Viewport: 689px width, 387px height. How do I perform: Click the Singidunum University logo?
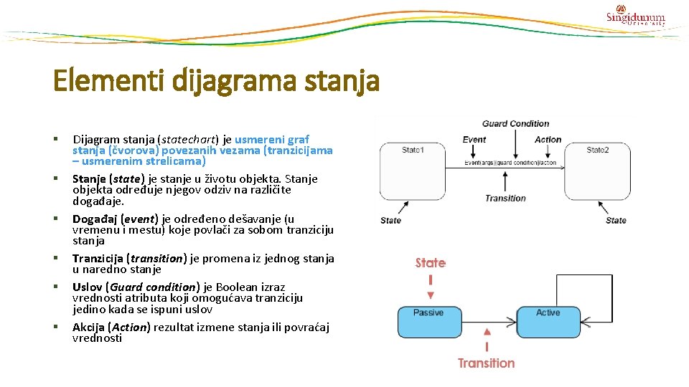635,16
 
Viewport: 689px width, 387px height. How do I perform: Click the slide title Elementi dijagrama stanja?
216,80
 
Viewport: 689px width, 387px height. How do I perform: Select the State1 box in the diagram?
412,171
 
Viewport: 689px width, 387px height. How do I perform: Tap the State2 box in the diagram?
597,171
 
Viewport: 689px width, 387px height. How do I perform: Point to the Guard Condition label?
515,123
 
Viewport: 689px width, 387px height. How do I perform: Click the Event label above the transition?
474,140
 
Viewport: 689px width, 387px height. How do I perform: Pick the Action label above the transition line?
548,140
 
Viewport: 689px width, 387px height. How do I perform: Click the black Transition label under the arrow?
505,198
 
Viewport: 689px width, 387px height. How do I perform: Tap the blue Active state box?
548,322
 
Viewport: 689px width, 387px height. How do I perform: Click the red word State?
431,263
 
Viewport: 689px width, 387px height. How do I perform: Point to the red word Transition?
487,363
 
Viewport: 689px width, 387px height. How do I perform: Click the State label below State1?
391,220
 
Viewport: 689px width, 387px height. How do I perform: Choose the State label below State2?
616,220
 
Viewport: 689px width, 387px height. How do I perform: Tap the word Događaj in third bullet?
91,219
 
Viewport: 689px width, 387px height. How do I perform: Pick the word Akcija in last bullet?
89,328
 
